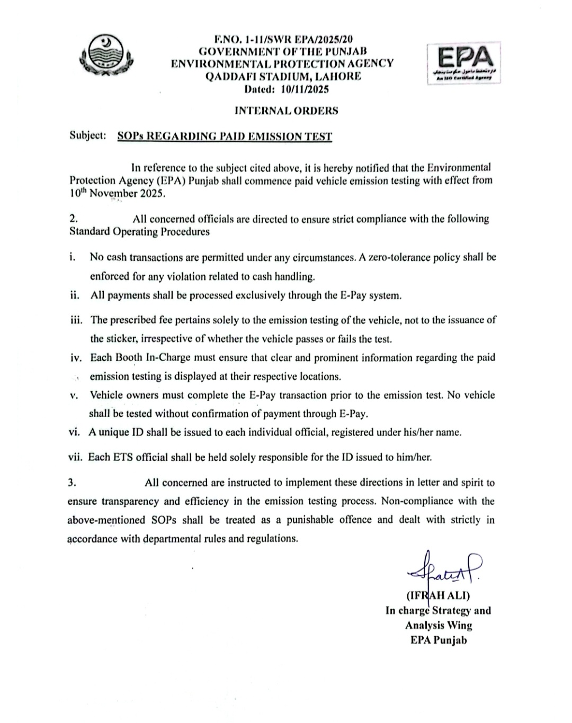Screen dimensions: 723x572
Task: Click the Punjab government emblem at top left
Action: (106, 57)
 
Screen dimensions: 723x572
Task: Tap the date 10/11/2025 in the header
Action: (305, 89)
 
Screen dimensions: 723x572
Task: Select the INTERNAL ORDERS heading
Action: (286, 111)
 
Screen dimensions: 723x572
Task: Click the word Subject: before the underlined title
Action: (88, 135)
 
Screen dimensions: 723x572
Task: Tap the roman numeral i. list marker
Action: (72, 257)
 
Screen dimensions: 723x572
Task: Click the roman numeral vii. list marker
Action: (75, 457)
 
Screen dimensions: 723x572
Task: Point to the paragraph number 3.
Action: (72, 482)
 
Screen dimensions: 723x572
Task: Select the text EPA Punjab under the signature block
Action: (439, 640)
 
